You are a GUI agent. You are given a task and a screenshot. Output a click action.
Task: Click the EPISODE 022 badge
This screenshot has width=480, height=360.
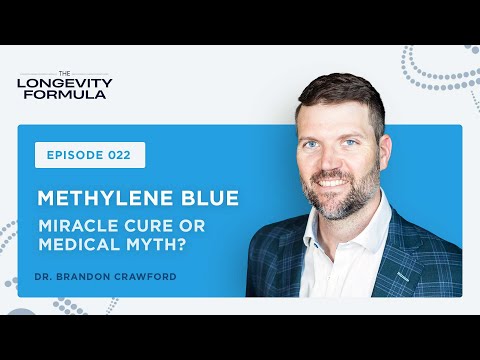pos(89,155)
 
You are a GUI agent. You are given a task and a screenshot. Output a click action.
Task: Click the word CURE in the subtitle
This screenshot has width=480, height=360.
pos(146,223)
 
